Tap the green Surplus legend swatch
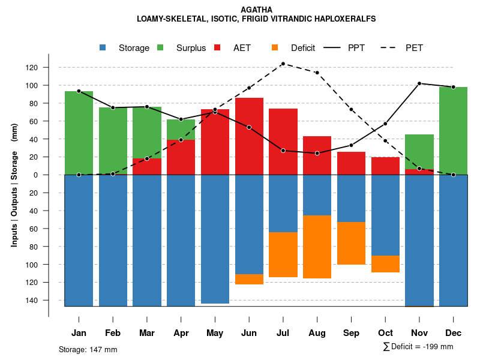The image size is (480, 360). point(160,48)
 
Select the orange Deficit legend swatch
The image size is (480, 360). point(275,48)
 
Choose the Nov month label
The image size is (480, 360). point(419,333)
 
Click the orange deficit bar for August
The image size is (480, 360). point(317,247)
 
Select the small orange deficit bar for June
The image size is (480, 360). point(249,279)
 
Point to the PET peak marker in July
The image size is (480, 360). point(283,64)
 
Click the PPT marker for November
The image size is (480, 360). point(419,83)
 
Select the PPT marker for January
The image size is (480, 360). point(79,91)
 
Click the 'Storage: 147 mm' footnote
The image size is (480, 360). point(88,349)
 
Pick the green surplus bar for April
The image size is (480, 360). point(181,129)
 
